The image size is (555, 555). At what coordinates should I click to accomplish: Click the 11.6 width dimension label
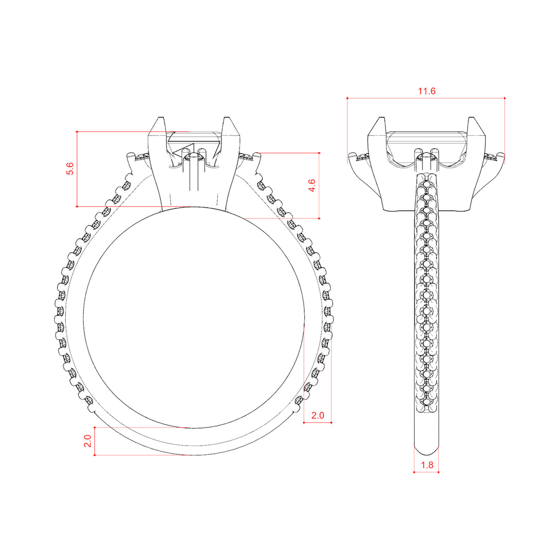tap(427, 91)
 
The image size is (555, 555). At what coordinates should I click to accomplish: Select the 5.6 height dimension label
tap(70, 169)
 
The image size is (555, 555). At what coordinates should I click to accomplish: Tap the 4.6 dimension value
tap(311, 186)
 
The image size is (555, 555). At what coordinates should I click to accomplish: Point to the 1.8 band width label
tap(427, 465)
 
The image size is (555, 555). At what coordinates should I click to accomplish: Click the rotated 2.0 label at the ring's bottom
tap(87, 441)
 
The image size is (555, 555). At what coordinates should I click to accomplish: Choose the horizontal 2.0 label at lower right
tap(318, 415)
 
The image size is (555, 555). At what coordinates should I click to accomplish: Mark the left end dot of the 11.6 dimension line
tap(347, 98)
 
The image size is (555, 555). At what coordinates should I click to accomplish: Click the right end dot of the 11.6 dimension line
tap(505, 98)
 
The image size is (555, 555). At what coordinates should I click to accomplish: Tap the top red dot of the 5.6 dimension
tap(77, 132)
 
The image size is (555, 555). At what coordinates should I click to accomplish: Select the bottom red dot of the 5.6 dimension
tap(77, 207)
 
